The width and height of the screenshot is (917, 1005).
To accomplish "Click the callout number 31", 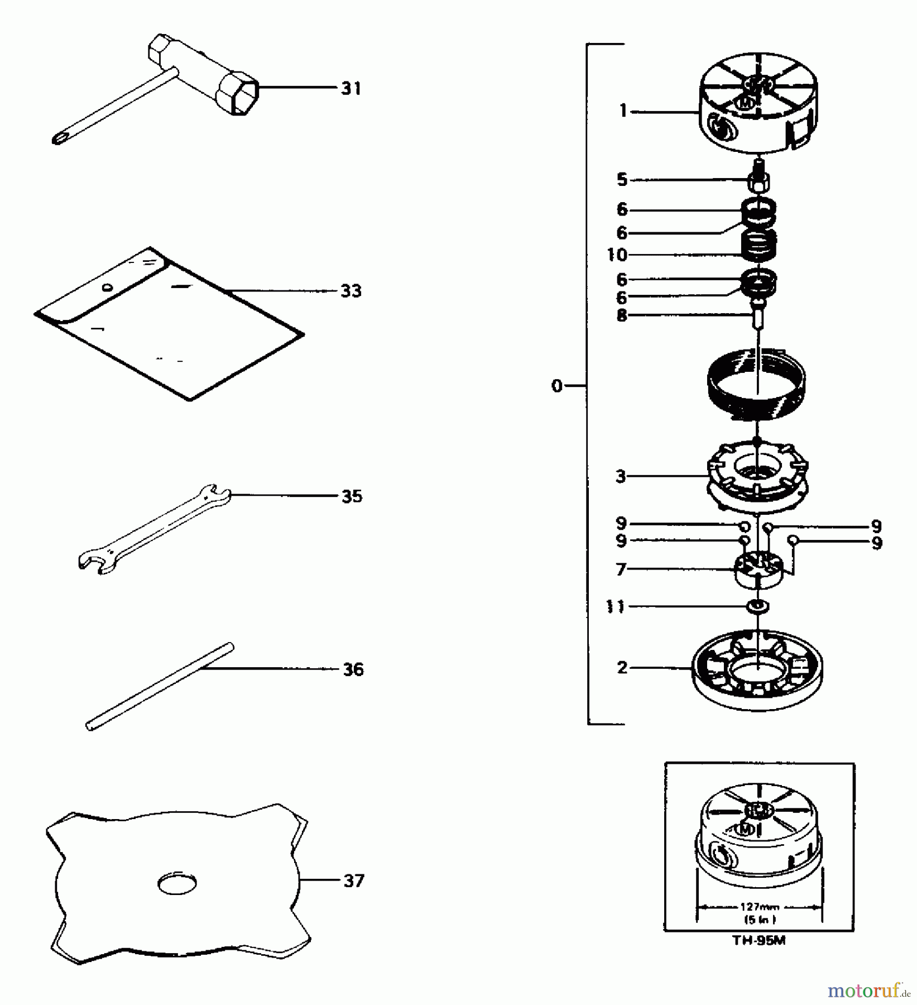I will point(351,88).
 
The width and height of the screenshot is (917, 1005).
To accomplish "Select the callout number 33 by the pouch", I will point(351,291).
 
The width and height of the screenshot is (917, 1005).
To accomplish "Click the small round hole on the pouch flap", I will point(107,288).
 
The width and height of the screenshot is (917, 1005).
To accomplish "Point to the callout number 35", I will point(352,496).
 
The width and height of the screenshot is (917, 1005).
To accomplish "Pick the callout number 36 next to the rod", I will point(353,669).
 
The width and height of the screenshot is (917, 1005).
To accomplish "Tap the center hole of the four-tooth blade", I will point(177,883).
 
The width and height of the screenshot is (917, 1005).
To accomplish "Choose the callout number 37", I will point(353,881).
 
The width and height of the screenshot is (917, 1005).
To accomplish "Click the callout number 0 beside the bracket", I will point(556,386).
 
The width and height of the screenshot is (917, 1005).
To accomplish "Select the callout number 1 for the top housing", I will point(623,111).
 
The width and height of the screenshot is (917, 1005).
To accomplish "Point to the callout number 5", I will point(622,179).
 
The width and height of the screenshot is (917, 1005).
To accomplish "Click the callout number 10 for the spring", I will point(617,255).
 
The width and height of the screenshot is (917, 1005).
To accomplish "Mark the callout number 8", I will point(622,315).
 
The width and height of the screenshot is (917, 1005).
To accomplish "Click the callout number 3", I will point(621,476).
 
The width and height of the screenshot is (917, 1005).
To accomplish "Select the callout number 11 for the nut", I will point(615,606).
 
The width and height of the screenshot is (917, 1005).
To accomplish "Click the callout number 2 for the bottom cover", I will point(622,667).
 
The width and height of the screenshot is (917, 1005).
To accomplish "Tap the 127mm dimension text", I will point(759,907).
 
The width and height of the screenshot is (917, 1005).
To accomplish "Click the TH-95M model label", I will point(758,941).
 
